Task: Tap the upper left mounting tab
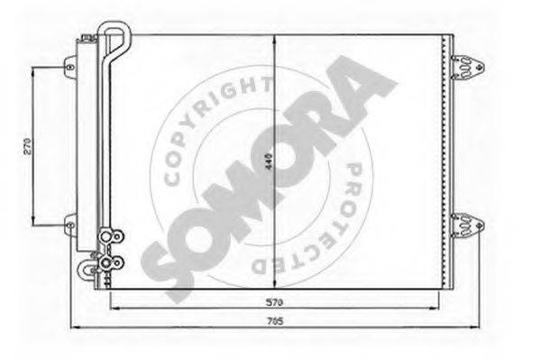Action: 69,64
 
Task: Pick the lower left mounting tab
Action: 69,220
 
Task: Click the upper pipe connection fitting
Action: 112,238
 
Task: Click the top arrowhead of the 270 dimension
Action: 33,69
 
